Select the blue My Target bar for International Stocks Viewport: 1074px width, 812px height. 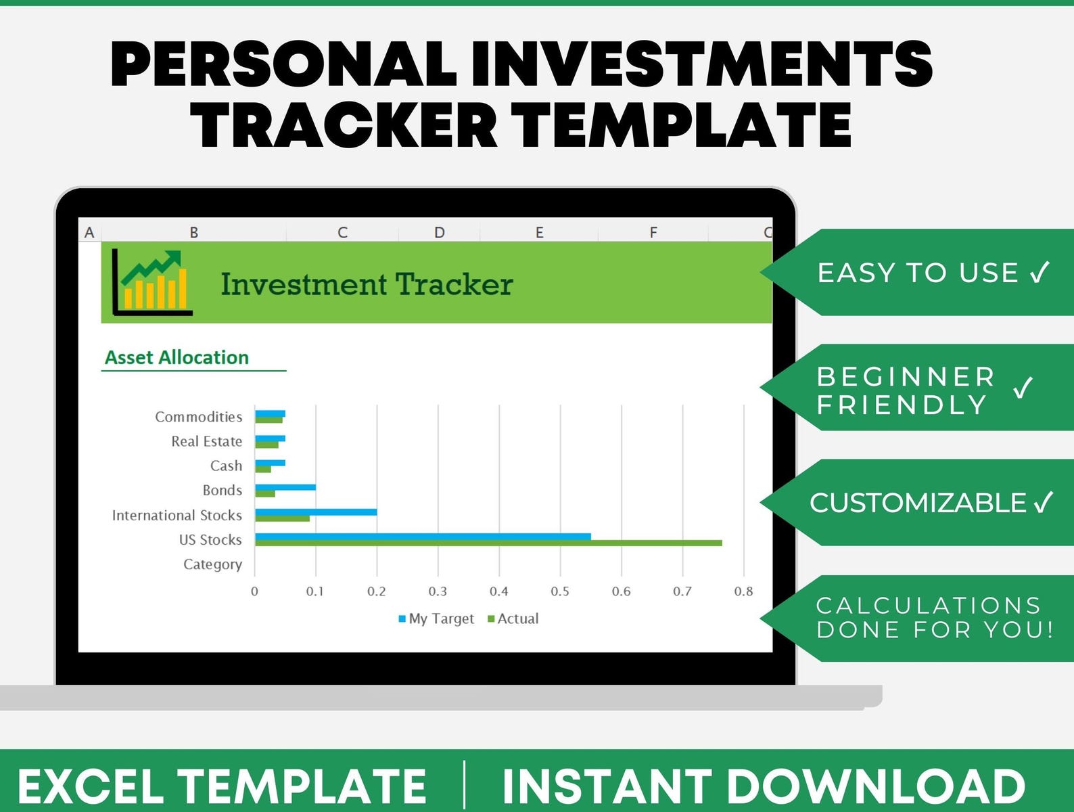(x=316, y=512)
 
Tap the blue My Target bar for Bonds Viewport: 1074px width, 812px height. (x=285, y=487)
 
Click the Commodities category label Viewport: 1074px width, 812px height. (x=198, y=417)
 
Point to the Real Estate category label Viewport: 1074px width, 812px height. (x=206, y=441)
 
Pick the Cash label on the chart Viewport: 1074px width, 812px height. (x=226, y=466)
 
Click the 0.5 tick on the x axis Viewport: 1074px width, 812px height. (x=560, y=591)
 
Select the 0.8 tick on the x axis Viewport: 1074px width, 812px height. (x=743, y=591)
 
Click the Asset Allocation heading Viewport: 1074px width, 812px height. (x=177, y=357)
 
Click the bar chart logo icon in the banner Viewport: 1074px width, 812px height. (x=152, y=282)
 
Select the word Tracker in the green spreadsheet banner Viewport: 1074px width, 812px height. (x=454, y=284)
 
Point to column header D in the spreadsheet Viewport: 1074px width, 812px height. (x=440, y=233)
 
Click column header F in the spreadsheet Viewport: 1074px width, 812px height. (x=653, y=233)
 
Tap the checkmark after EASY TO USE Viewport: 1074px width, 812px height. (x=1040, y=272)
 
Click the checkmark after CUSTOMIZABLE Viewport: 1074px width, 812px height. (x=1044, y=502)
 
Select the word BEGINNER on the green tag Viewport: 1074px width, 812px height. (x=906, y=376)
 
